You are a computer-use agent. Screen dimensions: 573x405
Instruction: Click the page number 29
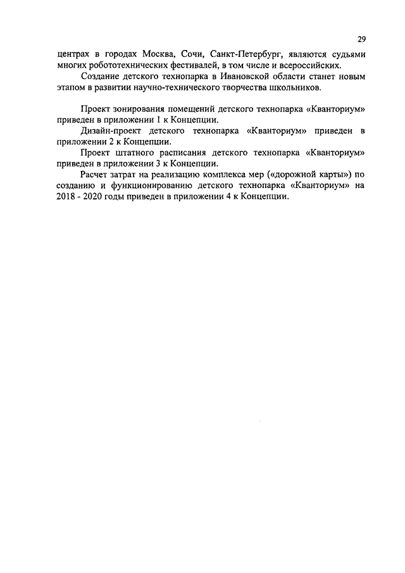361,39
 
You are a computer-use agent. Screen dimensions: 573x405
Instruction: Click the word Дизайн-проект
110,131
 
